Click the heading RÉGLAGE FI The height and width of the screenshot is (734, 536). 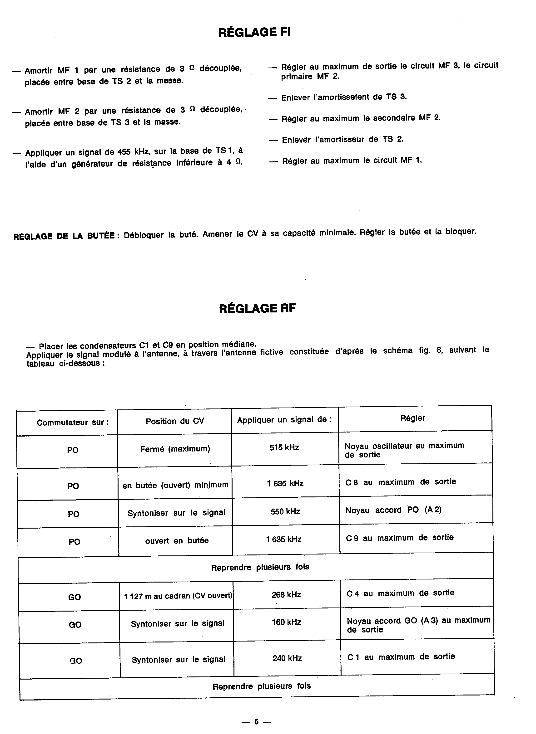(254, 32)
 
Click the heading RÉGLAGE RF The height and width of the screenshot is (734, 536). (257, 308)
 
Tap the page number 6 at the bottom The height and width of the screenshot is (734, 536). (256, 721)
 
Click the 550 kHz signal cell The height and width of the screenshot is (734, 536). (285, 511)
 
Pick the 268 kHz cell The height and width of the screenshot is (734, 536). (286, 595)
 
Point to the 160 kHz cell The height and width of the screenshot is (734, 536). (286, 622)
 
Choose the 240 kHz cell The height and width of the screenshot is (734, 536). (287, 658)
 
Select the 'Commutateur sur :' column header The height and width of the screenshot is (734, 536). (73, 422)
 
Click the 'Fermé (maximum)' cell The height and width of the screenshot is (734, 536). (175, 449)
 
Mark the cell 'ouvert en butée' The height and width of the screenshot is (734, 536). (177, 540)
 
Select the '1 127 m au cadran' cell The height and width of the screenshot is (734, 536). (178, 596)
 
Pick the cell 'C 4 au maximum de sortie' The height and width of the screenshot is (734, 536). (400, 593)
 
